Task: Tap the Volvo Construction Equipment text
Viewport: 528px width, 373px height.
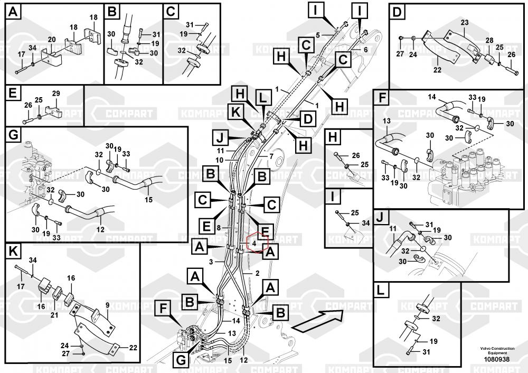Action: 495,351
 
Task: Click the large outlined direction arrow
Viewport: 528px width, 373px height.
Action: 317,320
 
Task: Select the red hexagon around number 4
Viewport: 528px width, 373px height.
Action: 256,244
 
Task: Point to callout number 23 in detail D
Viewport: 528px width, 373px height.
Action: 464,22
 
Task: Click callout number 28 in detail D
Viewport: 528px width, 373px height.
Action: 489,41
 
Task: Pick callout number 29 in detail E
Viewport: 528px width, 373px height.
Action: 56,93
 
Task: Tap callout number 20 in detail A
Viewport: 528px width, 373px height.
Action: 52,39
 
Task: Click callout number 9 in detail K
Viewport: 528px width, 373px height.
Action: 107,305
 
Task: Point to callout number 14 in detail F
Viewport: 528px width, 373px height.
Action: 431,97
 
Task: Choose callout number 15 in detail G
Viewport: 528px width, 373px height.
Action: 148,199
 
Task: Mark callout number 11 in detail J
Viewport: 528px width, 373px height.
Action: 392,228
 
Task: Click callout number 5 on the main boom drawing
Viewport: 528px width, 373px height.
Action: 318,35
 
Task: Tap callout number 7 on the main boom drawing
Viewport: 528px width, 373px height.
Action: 271,156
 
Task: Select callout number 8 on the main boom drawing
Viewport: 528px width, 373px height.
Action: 218,228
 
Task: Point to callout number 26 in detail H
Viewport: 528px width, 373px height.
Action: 355,155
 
